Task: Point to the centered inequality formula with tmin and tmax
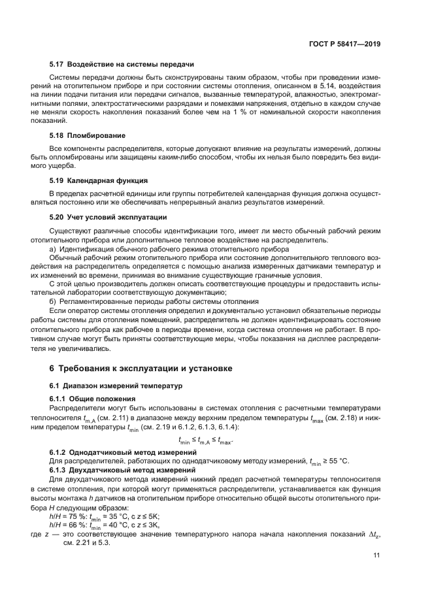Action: pos(205,441)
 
